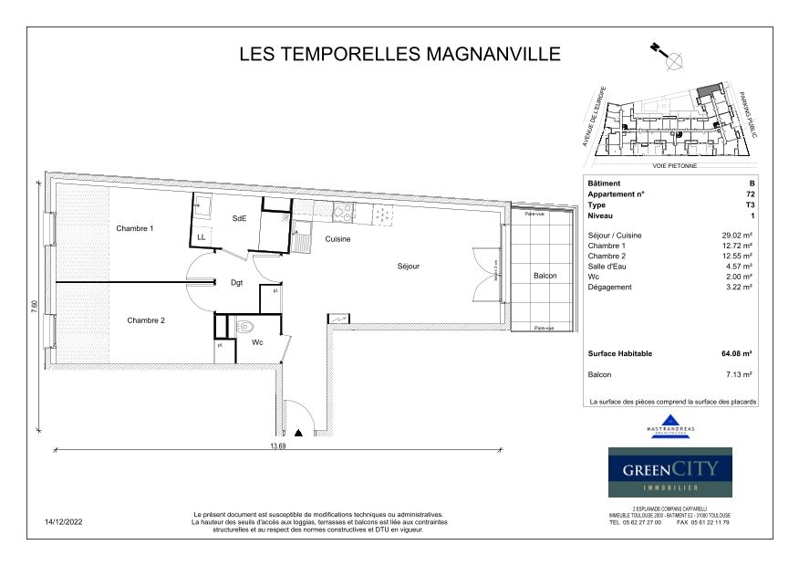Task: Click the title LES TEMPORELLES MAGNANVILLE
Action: [399, 54]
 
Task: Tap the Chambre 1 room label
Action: [134, 228]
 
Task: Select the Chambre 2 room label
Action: [146, 320]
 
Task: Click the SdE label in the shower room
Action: [239, 218]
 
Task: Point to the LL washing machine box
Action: [202, 237]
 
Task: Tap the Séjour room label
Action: [408, 267]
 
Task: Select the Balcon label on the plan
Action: [545, 275]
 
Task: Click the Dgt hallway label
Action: [236, 284]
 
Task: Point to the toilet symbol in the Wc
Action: [244, 326]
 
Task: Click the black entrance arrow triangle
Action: [299, 433]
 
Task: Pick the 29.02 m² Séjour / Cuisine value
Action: [736, 236]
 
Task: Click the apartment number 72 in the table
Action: [749, 194]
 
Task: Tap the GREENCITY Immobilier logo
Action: [670, 472]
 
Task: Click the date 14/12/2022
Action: [64, 523]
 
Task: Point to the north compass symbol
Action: [675, 62]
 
